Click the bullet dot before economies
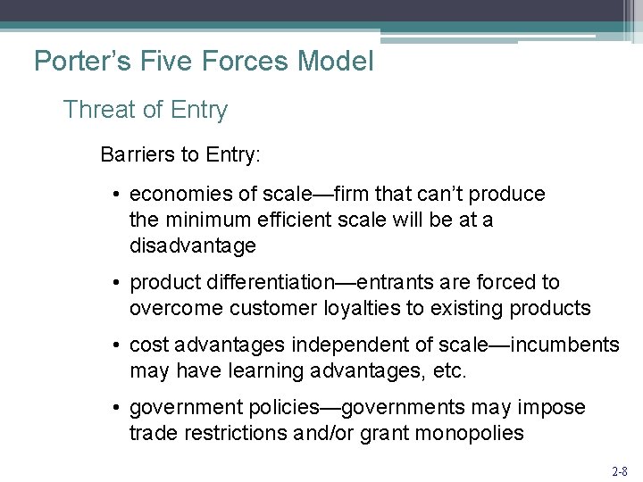pos(118,195)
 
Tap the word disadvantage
pos(193,245)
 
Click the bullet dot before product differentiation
pos(118,283)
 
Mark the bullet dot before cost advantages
pos(118,345)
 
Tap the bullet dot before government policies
pos(118,408)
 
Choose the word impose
pos(555,408)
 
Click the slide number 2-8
pos(620,469)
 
